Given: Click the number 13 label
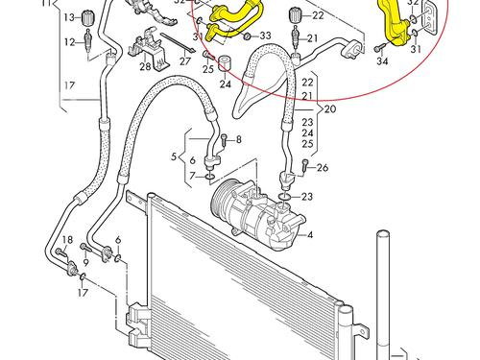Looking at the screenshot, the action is tap(69, 17).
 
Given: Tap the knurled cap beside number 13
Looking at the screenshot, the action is tap(87, 17).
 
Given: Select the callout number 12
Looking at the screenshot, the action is tap(69, 42).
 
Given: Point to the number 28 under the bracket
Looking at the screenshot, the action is tap(145, 67).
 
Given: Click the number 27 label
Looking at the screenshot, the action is tap(184, 60).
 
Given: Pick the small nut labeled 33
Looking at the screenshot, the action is tap(247, 36).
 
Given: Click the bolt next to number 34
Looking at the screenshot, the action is tap(380, 48).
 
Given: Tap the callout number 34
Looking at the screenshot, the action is tap(382, 60).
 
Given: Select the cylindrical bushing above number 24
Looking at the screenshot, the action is tap(225, 63).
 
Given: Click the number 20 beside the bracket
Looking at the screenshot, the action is tap(330, 109).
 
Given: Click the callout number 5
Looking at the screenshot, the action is tap(174, 156).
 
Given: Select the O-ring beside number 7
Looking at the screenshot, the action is tap(209, 176).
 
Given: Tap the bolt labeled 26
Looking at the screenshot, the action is tap(305, 167).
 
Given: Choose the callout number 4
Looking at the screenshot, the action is tap(309, 235).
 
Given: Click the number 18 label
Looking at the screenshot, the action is tap(67, 240).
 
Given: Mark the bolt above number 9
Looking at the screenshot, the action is tap(86, 247).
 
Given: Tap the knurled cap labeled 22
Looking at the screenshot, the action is tap(295, 15).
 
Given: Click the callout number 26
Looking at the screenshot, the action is tap(323, 167).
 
